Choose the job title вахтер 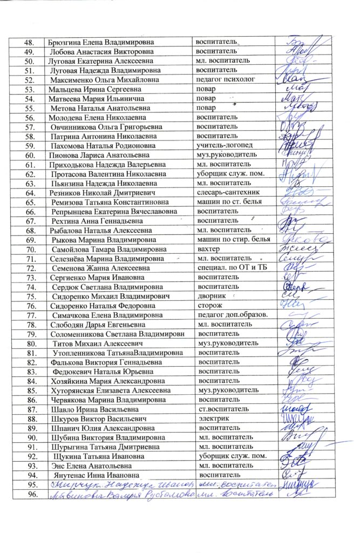[208, 249]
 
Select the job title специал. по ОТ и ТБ [233, 268]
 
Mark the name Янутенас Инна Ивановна [93, 475]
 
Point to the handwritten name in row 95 [118, 484]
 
